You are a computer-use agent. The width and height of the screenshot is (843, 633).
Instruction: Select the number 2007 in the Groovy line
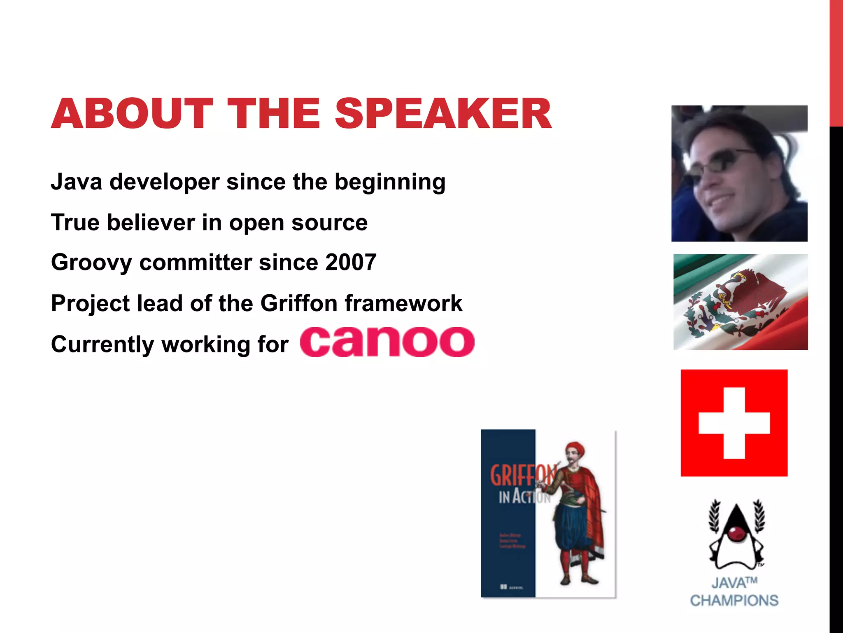click(x=350, y=262)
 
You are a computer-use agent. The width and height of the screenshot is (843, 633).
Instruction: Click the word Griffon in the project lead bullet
click(x=299, y=303)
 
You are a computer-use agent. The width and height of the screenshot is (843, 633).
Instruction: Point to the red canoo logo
click(x=387, y=342)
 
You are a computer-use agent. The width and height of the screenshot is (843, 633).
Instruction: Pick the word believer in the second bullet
click(x=151, y=223)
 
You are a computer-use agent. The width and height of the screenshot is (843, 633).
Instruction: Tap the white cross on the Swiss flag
click(x=734, y=423)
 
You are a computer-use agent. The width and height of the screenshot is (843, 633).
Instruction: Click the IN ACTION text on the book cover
click(x=524, y=497)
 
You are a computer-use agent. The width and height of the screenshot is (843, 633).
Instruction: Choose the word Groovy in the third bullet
click(x=91, y=263)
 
